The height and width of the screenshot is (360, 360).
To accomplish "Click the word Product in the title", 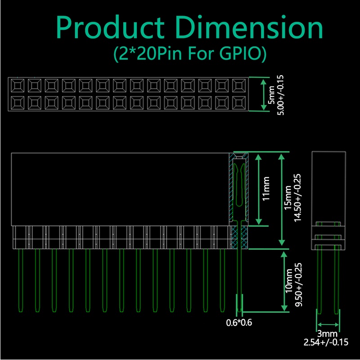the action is [x=110, y=27].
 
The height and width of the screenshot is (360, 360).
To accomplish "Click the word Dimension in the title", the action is [x=249, y=27].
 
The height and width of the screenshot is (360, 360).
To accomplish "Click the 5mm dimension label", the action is [x=272, y=95].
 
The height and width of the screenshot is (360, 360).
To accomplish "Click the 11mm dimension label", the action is [x=266, y=189].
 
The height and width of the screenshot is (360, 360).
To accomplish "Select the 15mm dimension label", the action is [x=288, y=198].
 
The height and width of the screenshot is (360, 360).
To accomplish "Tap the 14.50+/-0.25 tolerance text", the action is [x=297, y=198].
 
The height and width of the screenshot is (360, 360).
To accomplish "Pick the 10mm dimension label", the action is [x=289, y=281].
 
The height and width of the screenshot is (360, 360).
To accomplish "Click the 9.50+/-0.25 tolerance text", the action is [x=298, y=284].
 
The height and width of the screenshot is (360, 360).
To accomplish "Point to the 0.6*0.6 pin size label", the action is [x=239, y=323].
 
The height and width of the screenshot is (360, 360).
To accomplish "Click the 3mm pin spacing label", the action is [x=327, y=333].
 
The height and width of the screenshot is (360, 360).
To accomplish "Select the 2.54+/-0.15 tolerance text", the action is [x=326, y=342].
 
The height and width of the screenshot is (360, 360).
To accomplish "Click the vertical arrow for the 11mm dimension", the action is [x=258, y=189].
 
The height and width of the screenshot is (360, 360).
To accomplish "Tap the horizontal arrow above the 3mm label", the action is [x=328, y=324].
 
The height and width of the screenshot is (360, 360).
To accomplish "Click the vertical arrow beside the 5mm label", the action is [x=264, y=94].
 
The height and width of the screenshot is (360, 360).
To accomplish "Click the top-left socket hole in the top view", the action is [x=18, y=86].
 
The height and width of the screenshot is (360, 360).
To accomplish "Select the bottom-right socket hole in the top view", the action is [x=239, y=103].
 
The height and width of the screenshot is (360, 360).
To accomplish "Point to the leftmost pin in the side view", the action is [x=20, y=280].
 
